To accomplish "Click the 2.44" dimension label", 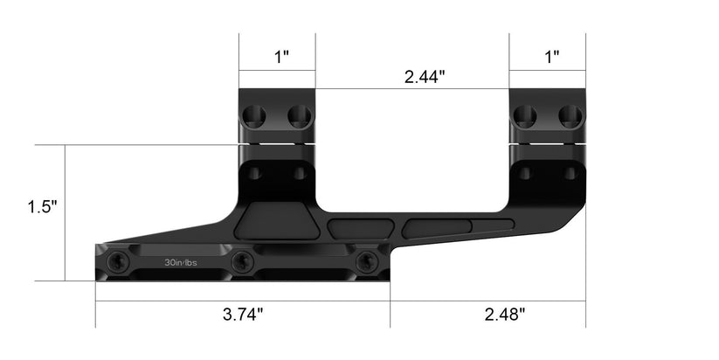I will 425,76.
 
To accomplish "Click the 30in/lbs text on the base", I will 181,261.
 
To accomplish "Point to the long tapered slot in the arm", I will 459,229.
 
